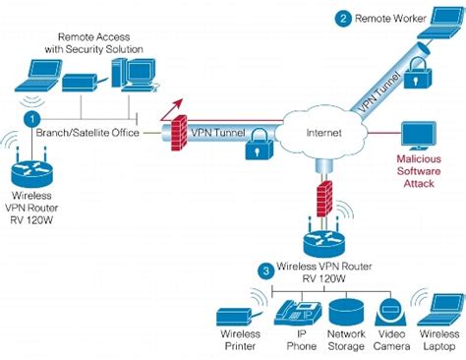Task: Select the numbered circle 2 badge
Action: coord(343,18)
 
